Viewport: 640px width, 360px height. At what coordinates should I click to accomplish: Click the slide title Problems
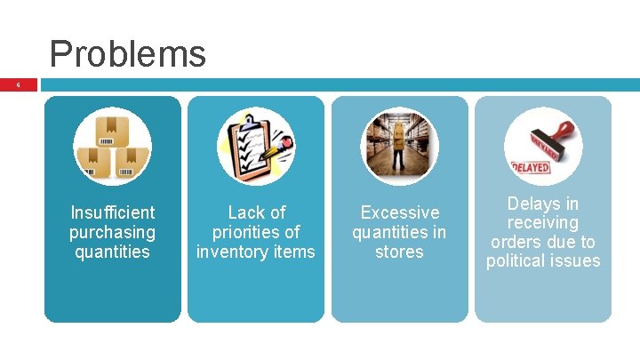pos(127,53)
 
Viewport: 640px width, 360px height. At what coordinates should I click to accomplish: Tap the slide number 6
pos(17,85)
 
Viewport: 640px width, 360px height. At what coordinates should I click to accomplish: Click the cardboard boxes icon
pos(112,145)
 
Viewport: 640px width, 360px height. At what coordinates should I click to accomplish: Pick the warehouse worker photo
pos(399,146)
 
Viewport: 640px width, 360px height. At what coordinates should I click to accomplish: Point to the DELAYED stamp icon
pos(542,146)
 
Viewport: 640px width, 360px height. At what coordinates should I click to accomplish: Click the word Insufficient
pos(112,212)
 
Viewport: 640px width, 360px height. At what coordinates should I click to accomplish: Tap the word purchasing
pos(112,232)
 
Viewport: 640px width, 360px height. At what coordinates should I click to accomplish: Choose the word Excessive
pos(399,212)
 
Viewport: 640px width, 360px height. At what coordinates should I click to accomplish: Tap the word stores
pos(399,252)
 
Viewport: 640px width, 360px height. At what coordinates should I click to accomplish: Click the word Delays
pos(530,204)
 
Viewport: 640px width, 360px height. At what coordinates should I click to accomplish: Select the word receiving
pos(542,222)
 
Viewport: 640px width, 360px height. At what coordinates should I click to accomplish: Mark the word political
pos(519,261)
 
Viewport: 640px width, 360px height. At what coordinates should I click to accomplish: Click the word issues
pos(579,261)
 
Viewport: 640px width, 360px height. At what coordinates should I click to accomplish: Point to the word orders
pos(515,242)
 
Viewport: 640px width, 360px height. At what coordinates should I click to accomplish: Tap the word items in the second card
pos(295,252)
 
